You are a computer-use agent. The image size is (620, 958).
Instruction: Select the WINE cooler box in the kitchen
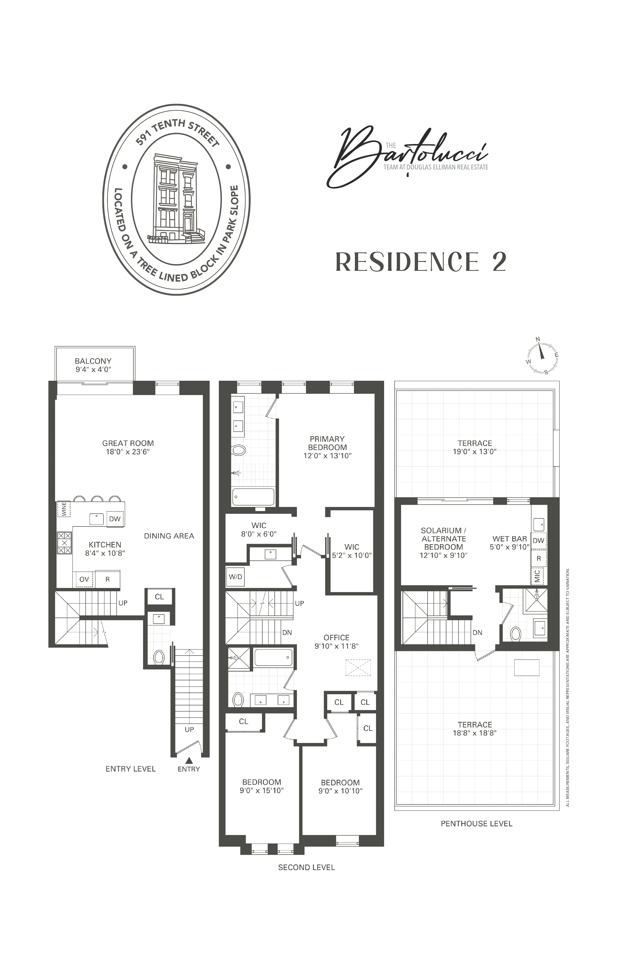click(x=64, y=509)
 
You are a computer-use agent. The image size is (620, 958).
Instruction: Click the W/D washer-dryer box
click(x=235, y=577)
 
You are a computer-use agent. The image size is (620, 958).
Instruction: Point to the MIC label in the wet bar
click(x=538, y=576)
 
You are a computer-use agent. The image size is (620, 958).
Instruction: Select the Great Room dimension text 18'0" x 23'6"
click(x=128, y=452)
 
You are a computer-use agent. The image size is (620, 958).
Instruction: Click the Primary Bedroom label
click(x=327, y=443)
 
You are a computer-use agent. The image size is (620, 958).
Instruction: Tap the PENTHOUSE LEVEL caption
click(x=476, y=824)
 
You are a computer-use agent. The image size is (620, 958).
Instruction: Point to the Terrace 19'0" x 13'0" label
click(x=475, y=447)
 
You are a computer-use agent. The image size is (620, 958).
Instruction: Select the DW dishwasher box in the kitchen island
click(x=115, y=519)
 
